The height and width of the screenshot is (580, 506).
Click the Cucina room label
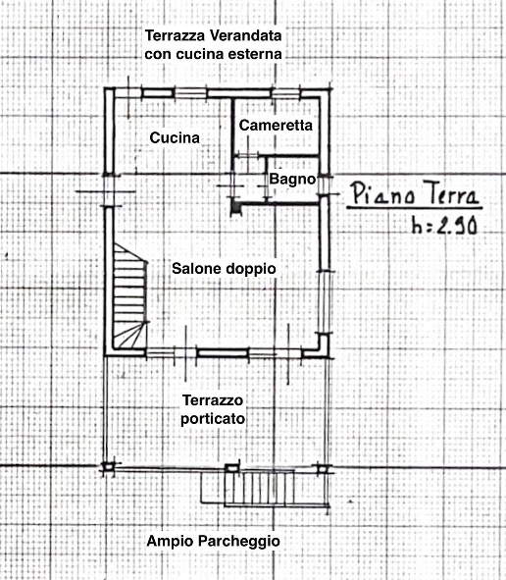[175, 138]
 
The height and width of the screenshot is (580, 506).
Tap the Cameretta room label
[276, 127]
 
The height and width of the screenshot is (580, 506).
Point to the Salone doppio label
[224, 268]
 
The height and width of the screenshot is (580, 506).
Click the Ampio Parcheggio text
[213, 541]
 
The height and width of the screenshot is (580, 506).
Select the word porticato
[213, 418]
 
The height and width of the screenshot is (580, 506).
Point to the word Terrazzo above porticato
[213, 400]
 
